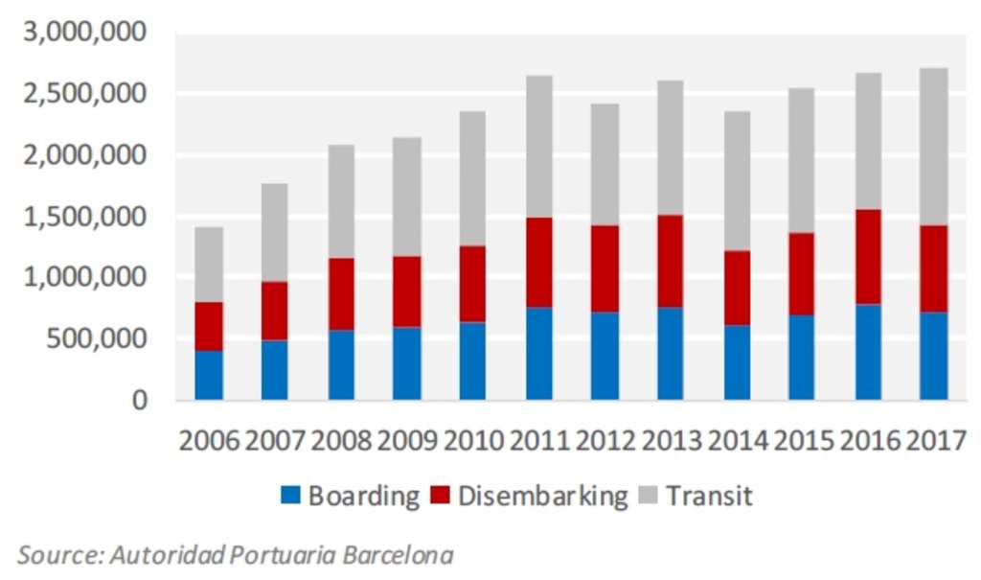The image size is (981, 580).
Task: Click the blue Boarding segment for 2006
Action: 209,375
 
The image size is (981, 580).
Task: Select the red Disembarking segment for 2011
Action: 539,262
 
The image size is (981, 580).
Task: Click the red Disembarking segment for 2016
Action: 868,257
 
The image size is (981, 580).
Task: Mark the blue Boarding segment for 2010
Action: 472,360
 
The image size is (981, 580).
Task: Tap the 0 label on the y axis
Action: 140,400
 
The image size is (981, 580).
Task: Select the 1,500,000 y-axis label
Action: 84,217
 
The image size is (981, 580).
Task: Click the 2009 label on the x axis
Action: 407,441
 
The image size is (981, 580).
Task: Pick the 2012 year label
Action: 605,441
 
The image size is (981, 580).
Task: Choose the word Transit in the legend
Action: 709,496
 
